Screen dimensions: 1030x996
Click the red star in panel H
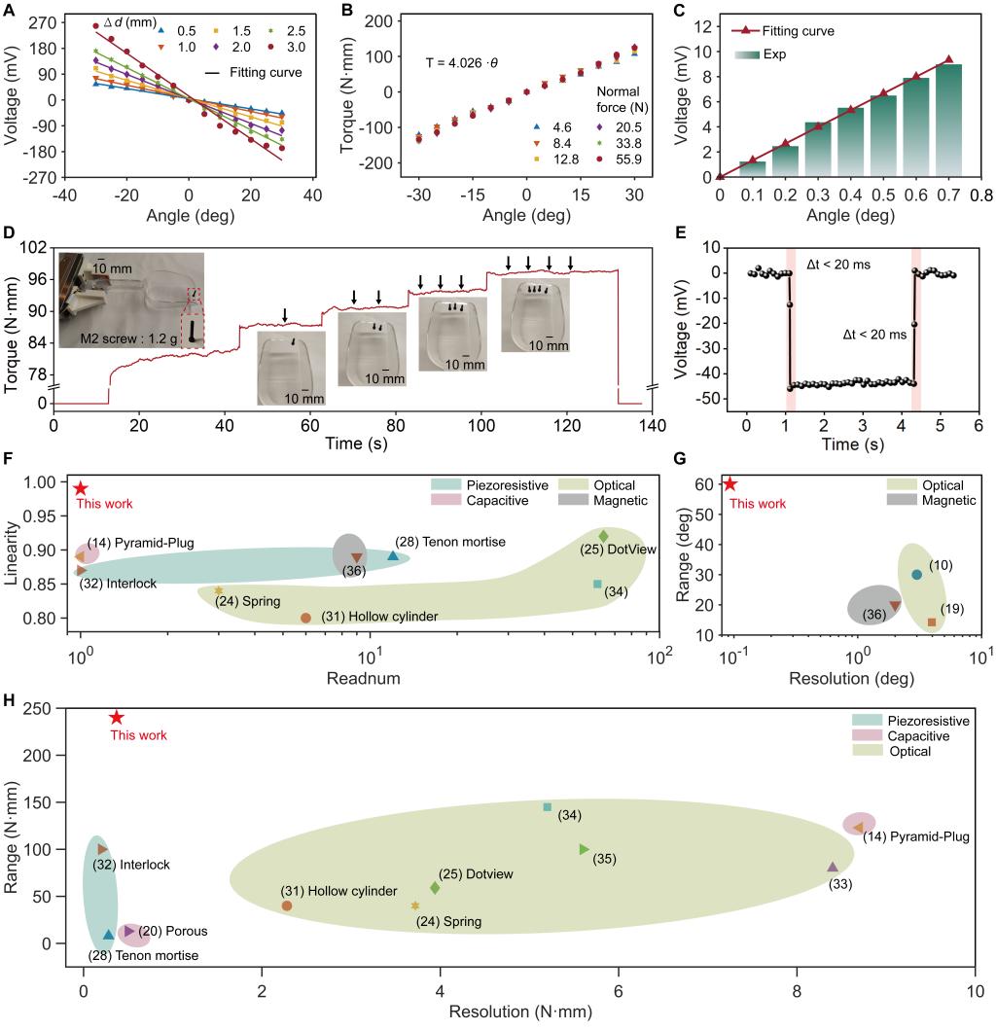coord(117,717)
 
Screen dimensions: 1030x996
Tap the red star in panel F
coord(81,488)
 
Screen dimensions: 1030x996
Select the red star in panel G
coord(730,484)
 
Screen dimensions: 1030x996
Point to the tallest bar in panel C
coord(949,121)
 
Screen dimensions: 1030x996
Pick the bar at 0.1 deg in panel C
coord(753,169)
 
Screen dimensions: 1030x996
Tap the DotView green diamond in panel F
coord(603,536)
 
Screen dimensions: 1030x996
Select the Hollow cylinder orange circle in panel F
coord(305,618)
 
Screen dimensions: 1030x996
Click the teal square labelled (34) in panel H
coord(548,807)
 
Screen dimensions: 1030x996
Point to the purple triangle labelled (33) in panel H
coord(833,867)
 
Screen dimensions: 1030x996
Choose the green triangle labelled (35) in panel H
coord(585,849)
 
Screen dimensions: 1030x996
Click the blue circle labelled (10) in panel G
coord(916,575)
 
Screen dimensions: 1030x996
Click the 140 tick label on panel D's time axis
coord(652,425)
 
